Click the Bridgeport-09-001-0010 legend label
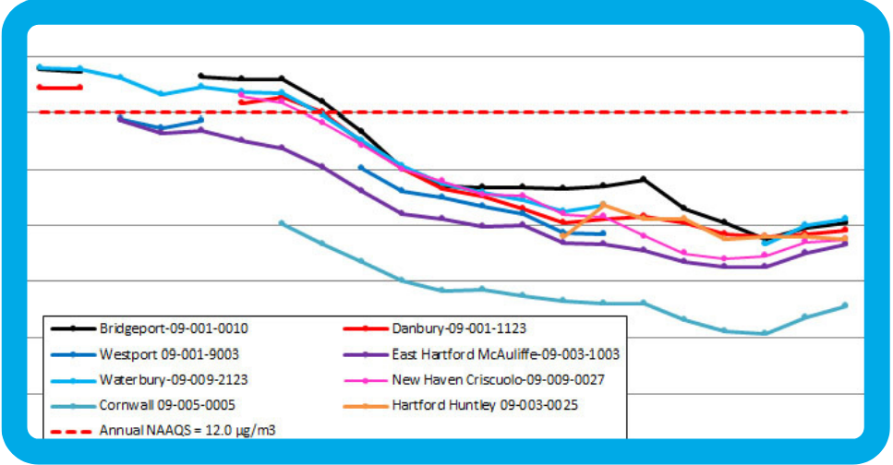pyautogui.click(x=173, y=328)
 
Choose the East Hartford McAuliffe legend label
pyautogui.click(x=505, y=353)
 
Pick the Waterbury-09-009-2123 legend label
pyautogui.click(x=173, y=379)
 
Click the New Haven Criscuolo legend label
pyautogui.click(x=498, y=379)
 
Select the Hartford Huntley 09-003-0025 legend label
pyautogui.click(x=485, y=404)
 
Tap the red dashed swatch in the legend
pyautogui.click(x=72, y=430)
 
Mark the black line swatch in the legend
pyautogui.click(x=72, y=328)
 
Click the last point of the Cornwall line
pyautogui.click(x=845, y=305)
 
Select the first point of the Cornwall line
pyautogui.click(x=282, y=223)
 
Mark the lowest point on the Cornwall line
pyautogui.click(x=764, y=333)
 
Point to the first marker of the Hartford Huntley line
pyautogui.click(x=562, y=236)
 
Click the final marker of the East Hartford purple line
pyautogui.click(x=845, y=244)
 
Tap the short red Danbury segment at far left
pyautogui.click(x=59, y=88)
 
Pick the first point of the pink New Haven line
pyautogui.click(x=241, y=94)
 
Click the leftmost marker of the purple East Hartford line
pyautogui.click(x=120, y=119)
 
